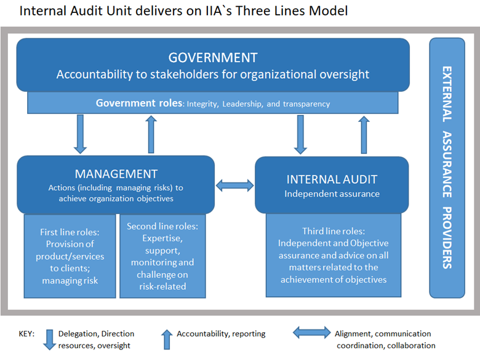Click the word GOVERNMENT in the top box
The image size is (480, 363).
pos(213,58)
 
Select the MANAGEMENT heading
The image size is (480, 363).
pos(116,174)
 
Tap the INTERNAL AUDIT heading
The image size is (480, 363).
pos(332,180)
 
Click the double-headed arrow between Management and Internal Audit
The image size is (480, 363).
pos(235,185)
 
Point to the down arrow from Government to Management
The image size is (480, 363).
pos(80,134)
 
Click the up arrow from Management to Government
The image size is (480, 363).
pos(151,134)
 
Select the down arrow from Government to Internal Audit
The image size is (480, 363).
pos(300,135)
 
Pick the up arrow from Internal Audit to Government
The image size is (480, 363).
pos(364,135)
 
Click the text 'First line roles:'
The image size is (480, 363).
pos(70,233)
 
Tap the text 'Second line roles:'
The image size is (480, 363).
pos(162,226)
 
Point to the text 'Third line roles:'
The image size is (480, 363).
pos(334,231)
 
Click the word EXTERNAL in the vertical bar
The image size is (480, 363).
pos(447,94)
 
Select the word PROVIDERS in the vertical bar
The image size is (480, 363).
pos(447,238)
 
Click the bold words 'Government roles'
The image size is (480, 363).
pos(139,103)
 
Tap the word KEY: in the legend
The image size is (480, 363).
pos(26,333)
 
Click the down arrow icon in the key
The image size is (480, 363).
pos(49,340)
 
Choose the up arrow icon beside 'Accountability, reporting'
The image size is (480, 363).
pos(167,340)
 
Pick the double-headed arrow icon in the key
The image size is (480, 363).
pos(312,333)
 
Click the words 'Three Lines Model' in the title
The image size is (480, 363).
pos(292,11)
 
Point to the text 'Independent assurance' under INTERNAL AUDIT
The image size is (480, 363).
pos(332,194)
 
